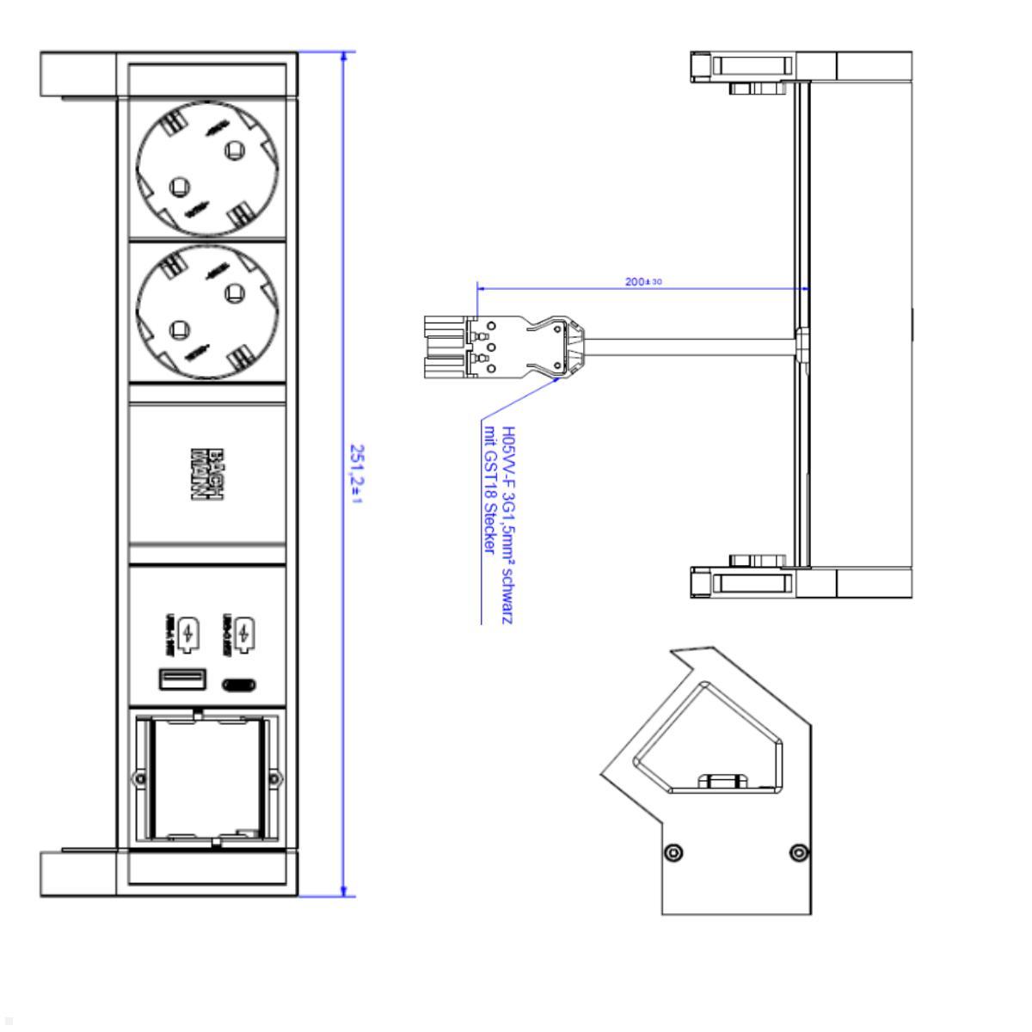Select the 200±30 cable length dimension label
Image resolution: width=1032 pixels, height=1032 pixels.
pos(643,282)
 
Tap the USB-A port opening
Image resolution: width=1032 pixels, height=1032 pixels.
pos(181,679)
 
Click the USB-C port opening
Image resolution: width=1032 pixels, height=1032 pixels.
pos(239,685)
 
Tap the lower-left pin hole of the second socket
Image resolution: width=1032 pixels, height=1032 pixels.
pos(180,327)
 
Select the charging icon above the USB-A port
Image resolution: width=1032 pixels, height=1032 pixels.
pos(190,634)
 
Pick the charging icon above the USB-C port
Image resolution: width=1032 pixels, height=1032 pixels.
pos(246,634)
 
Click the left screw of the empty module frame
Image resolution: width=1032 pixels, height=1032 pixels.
pos(138,778)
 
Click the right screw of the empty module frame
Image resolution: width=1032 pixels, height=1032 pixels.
pos(273,778)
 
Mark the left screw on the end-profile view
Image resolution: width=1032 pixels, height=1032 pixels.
pos(676,852)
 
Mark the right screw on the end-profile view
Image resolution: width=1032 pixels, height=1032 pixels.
pos(798,852)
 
